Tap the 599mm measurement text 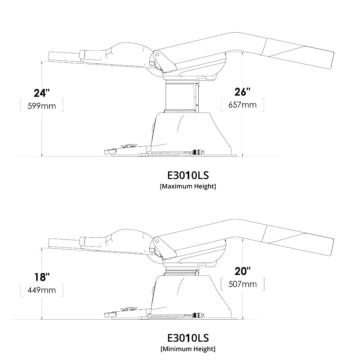click(41, 106)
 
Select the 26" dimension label click(242, 92)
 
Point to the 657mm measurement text click(242, 105)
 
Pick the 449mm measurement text click(42, 290)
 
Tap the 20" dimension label click(242, 271)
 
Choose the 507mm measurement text click(243, 284)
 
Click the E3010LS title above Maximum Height click(188, 175)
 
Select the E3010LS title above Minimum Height click(188, 338)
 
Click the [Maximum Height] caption click(188, 186)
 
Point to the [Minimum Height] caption click(188, 349)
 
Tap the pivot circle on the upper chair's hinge click(156, 54)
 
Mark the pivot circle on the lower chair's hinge click(156, 241)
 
